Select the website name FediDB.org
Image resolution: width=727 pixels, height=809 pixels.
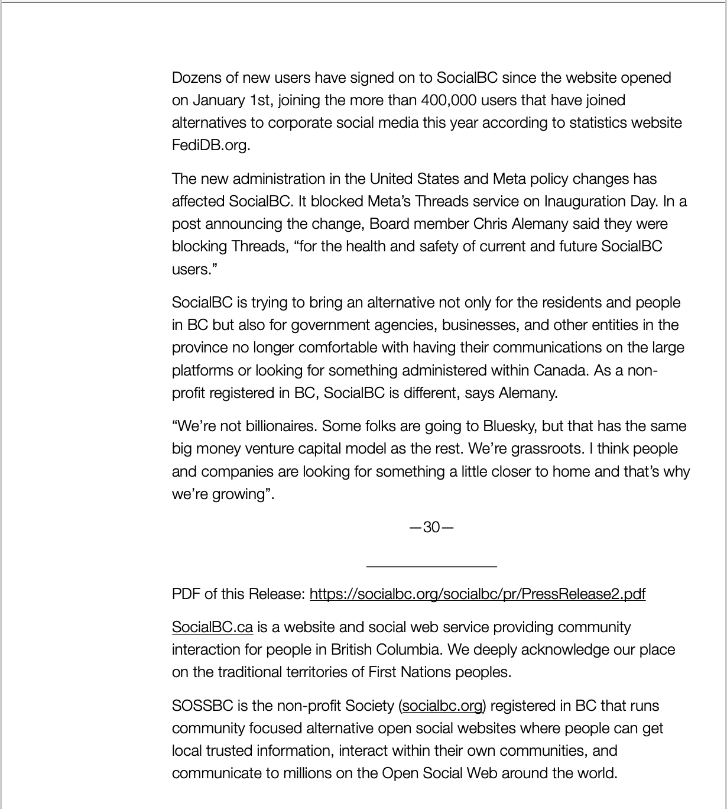click(211, 145)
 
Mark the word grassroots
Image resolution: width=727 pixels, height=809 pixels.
click(546, 449)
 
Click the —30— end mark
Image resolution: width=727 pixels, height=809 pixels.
click(431, 527)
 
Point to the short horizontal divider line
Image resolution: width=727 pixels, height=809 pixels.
click(431, 567)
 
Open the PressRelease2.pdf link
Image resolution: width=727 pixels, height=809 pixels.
click(477, 594)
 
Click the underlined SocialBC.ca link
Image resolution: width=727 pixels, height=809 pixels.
click(212, 627)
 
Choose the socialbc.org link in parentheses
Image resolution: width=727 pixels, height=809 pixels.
click(442, 706)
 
